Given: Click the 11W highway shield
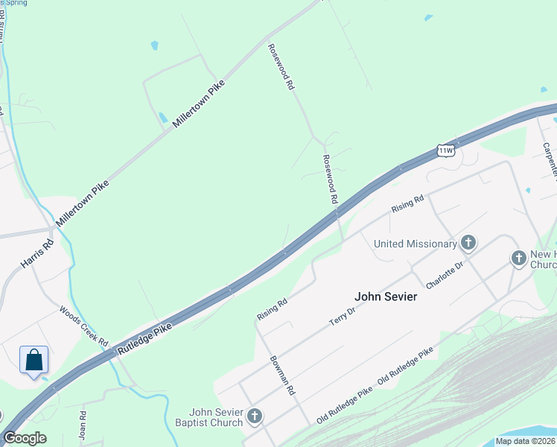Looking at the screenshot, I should [445, 150].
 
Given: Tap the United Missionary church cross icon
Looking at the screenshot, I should [468, 242].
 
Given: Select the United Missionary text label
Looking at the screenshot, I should [415, 244].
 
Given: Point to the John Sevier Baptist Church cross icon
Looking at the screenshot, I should [255, 416].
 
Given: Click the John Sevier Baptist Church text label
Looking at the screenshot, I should [217, 417].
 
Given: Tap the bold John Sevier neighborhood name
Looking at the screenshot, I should [386, 297].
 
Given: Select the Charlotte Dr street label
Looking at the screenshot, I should [445, 274].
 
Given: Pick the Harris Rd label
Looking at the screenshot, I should [37, 253].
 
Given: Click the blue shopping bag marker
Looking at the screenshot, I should [34, 361].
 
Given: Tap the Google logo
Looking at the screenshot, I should [25, 438].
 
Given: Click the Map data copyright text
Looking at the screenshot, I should [526, 441].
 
